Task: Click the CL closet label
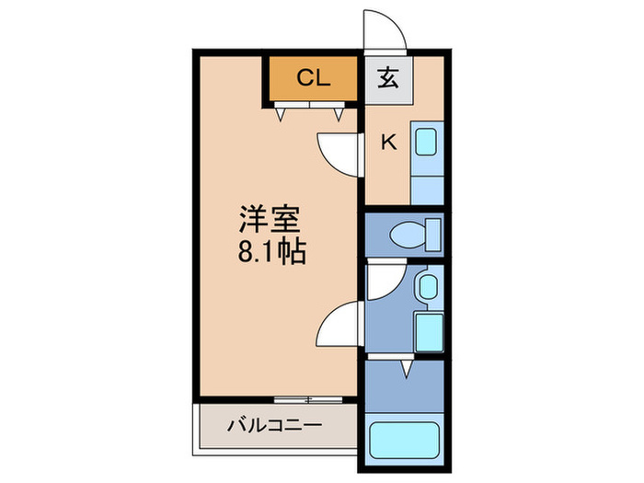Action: [x=313, y=78]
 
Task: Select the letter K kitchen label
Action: [x=388, y=142]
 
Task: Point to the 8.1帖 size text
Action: [x=272, y=250]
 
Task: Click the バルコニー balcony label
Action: [x=274, y=426]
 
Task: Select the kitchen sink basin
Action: [x=425, y=142]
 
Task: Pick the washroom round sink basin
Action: [x=426, y=288]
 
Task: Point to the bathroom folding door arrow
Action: [x=405, y=369]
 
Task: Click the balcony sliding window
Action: [x=308, y=399]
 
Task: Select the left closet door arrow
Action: [x=279, y=113]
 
